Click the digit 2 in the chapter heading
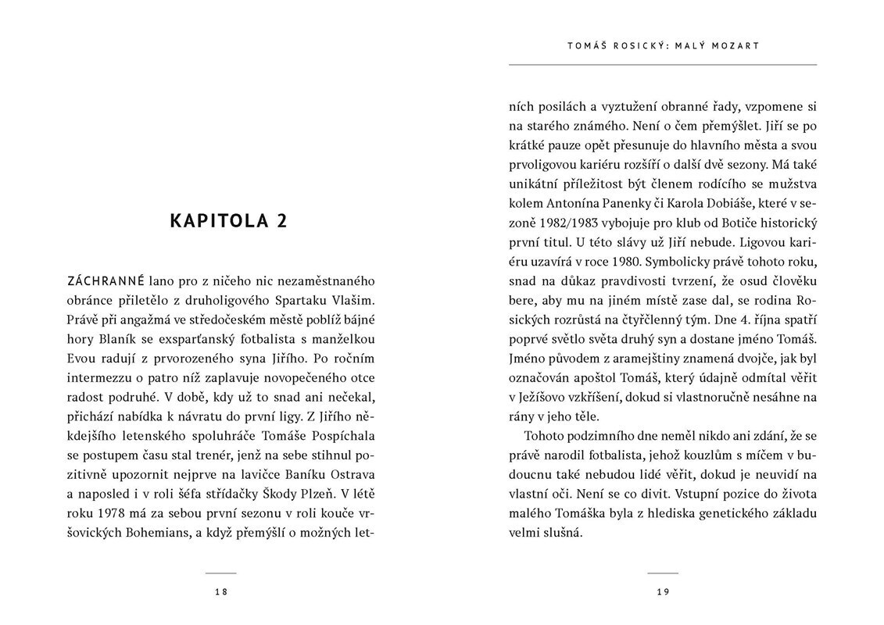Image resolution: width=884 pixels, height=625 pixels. coord(281,221)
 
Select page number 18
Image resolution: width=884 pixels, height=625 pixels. coord(220,592)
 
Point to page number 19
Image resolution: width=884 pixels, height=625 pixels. coord(663,592)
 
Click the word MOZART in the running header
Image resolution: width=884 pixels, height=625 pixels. coord(737,46)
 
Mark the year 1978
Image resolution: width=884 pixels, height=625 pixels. coord(113,514)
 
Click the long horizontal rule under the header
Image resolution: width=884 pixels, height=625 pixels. coord(662,64)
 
